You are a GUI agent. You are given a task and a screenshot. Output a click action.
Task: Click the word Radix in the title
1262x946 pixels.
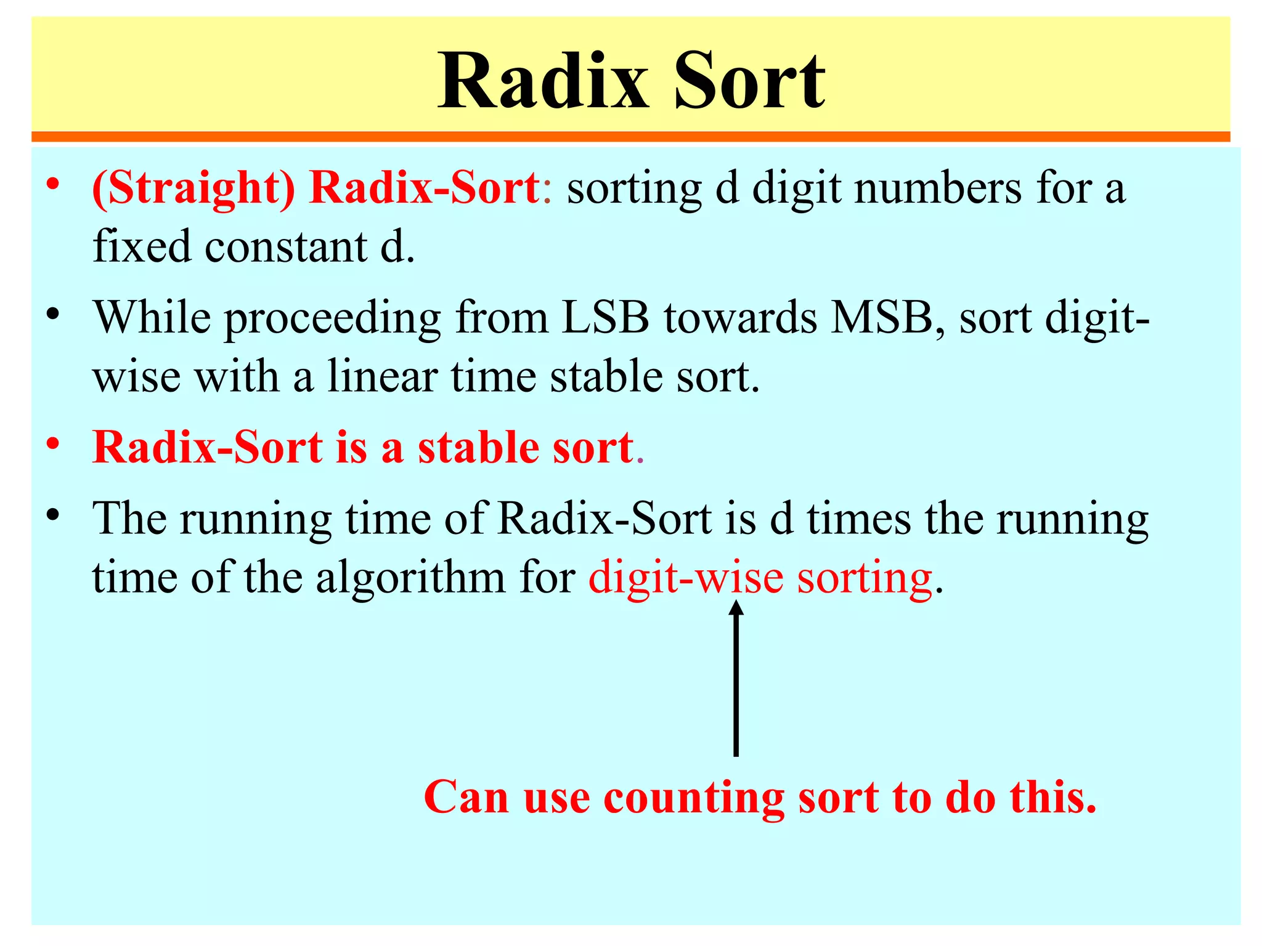pos(543,81)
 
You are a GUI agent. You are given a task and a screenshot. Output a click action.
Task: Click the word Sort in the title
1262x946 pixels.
pos(749,81)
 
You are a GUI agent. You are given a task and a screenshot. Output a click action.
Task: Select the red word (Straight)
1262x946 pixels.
pos(193,188)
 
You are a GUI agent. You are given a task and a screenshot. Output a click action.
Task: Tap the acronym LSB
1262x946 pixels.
pos(605,318)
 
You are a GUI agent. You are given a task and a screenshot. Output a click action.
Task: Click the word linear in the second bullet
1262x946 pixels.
pos(382,377)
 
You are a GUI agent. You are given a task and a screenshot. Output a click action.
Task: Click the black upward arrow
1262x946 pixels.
pos(736,677)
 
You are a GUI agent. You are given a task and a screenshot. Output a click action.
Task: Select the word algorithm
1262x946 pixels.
pos(410,579)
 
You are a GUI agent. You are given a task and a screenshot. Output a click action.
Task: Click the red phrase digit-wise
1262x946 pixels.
pos(686,579)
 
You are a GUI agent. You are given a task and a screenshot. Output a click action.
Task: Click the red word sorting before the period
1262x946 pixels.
pos(865,579)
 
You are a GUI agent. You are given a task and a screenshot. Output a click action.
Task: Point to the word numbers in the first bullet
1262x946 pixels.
pos(939,188)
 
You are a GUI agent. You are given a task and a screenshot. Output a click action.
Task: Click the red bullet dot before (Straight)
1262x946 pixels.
pos(54,184)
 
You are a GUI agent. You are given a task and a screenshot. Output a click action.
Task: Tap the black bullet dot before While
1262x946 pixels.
pos(54,314)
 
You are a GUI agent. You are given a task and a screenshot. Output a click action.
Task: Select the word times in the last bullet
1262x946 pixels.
pos(859,519)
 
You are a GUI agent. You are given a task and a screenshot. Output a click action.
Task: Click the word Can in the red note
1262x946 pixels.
pos(466,798)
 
